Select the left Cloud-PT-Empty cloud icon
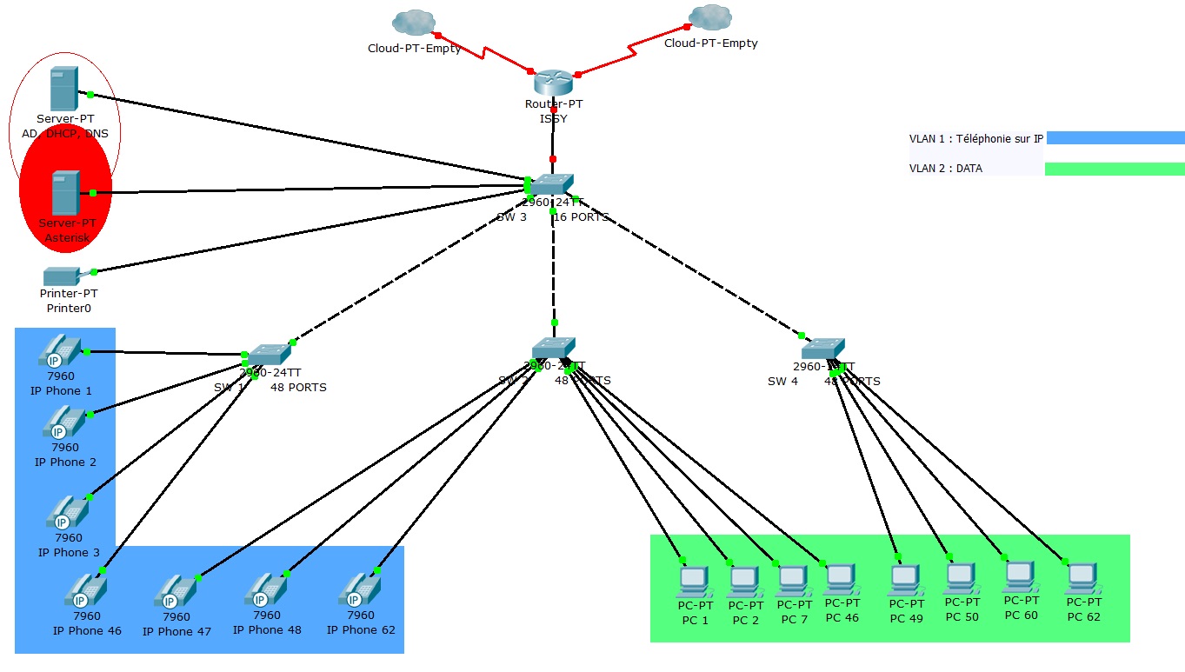click(x=413, y=23)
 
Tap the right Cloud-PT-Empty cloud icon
click(x=709, y=17)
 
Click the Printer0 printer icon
click(x=63, y=276)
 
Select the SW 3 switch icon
click(x=551, y=184)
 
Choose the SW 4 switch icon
click(x=822, y=349)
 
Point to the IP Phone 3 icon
click(x=67, y=513)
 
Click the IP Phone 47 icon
click(x=176, y=592)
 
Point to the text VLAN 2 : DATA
click(x=946, y=169)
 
